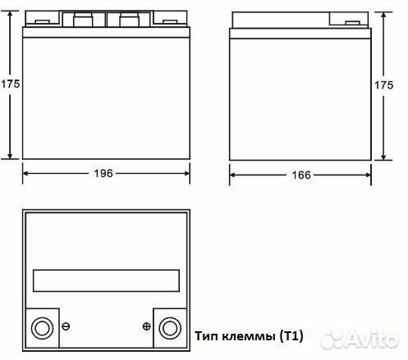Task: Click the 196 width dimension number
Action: pyautogui.click(x=104, y=173)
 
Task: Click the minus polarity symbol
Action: pyautogui.click(x=66, y=326)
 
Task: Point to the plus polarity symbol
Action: pyautogui.click(x=146, y=326)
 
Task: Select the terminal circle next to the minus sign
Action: pyautogui.click(x=40, y=326)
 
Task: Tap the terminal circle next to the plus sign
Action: pyautogui.click(x=171, y=326)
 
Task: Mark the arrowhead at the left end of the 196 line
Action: pyautogui.click(x=25, y=173)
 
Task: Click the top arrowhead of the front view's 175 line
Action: pyautogui.click(x=10, y=16)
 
